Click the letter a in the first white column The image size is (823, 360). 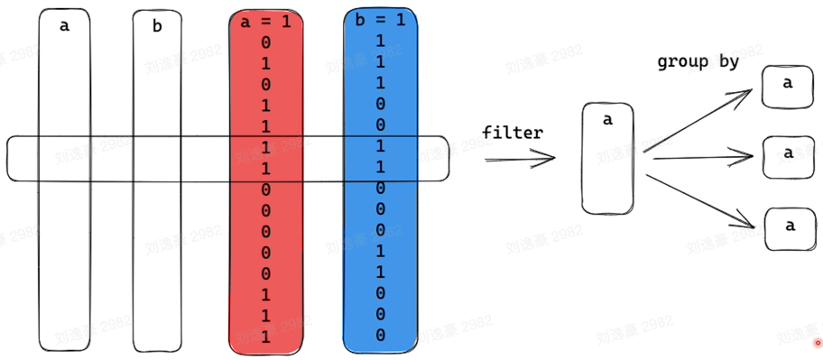pos(64,26)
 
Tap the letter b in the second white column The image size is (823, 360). pos(157,27)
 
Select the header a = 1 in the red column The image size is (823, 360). pos(265,22)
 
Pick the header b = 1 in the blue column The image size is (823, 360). pos(380,20)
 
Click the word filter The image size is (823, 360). pos(513,133)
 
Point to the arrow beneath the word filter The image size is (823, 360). pos(520,160)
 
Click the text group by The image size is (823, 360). pos(698,62)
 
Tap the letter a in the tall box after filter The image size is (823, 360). pos(607,118)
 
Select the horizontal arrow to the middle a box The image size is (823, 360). pos(702,158)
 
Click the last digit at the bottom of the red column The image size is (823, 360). pos(265,336)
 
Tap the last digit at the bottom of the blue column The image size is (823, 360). pos(380,335)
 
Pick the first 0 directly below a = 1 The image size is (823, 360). pos(265,42)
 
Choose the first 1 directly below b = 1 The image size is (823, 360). pos(380,42)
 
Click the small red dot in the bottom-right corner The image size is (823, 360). pos(818,343)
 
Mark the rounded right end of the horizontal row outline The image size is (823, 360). pos(445,158)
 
